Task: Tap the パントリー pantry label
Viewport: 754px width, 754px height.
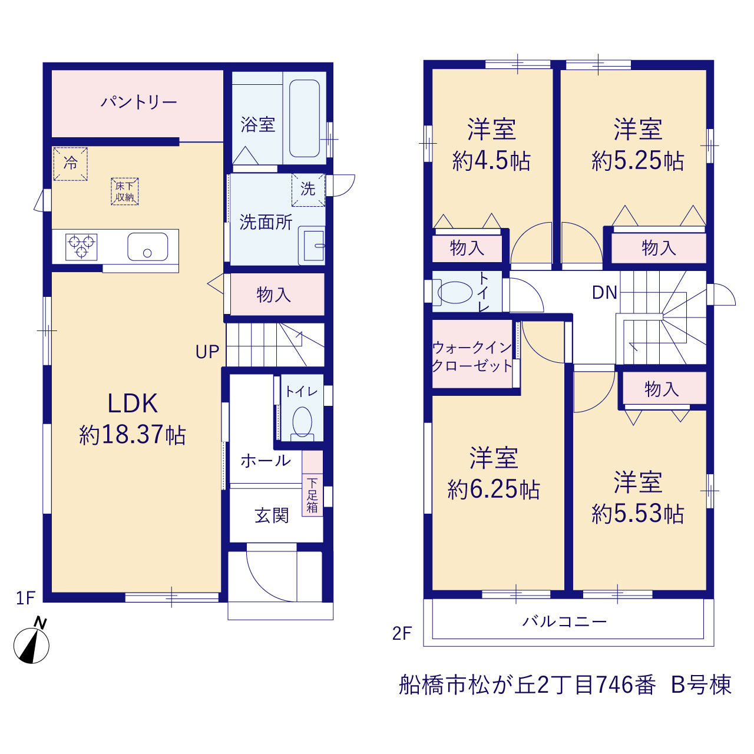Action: click(x=139, y=102)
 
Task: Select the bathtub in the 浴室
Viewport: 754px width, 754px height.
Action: click(x=305, y=118)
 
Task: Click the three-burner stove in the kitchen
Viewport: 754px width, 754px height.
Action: click(x=81, y=247)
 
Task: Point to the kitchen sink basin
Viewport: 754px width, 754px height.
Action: click(x=147, y=246)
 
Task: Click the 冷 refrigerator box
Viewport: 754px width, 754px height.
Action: click(x=71, y=164)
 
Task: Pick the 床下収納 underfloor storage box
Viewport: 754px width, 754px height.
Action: click(x=125, y=191)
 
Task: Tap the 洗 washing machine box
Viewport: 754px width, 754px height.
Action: click(x=308, y=189)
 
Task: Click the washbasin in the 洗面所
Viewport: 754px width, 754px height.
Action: click(x=312, y=245)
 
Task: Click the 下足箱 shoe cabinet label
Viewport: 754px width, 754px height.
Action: click(x=312, y=495)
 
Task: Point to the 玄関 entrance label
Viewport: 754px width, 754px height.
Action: click(x=272, y=515)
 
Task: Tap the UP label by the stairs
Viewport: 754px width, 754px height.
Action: click(x=207, y=352)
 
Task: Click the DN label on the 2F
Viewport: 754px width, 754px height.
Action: click(x=604, y=292)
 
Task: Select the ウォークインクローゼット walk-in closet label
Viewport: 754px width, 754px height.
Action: click(x=472, y=357)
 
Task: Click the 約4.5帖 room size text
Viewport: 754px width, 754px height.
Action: click(x=491, y=161)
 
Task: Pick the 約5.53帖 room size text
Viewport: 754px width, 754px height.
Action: click(x=638, y=514)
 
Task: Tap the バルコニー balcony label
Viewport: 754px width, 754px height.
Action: click(x=564, y=621)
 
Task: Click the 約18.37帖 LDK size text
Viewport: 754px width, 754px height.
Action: click(x=133, y=435)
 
